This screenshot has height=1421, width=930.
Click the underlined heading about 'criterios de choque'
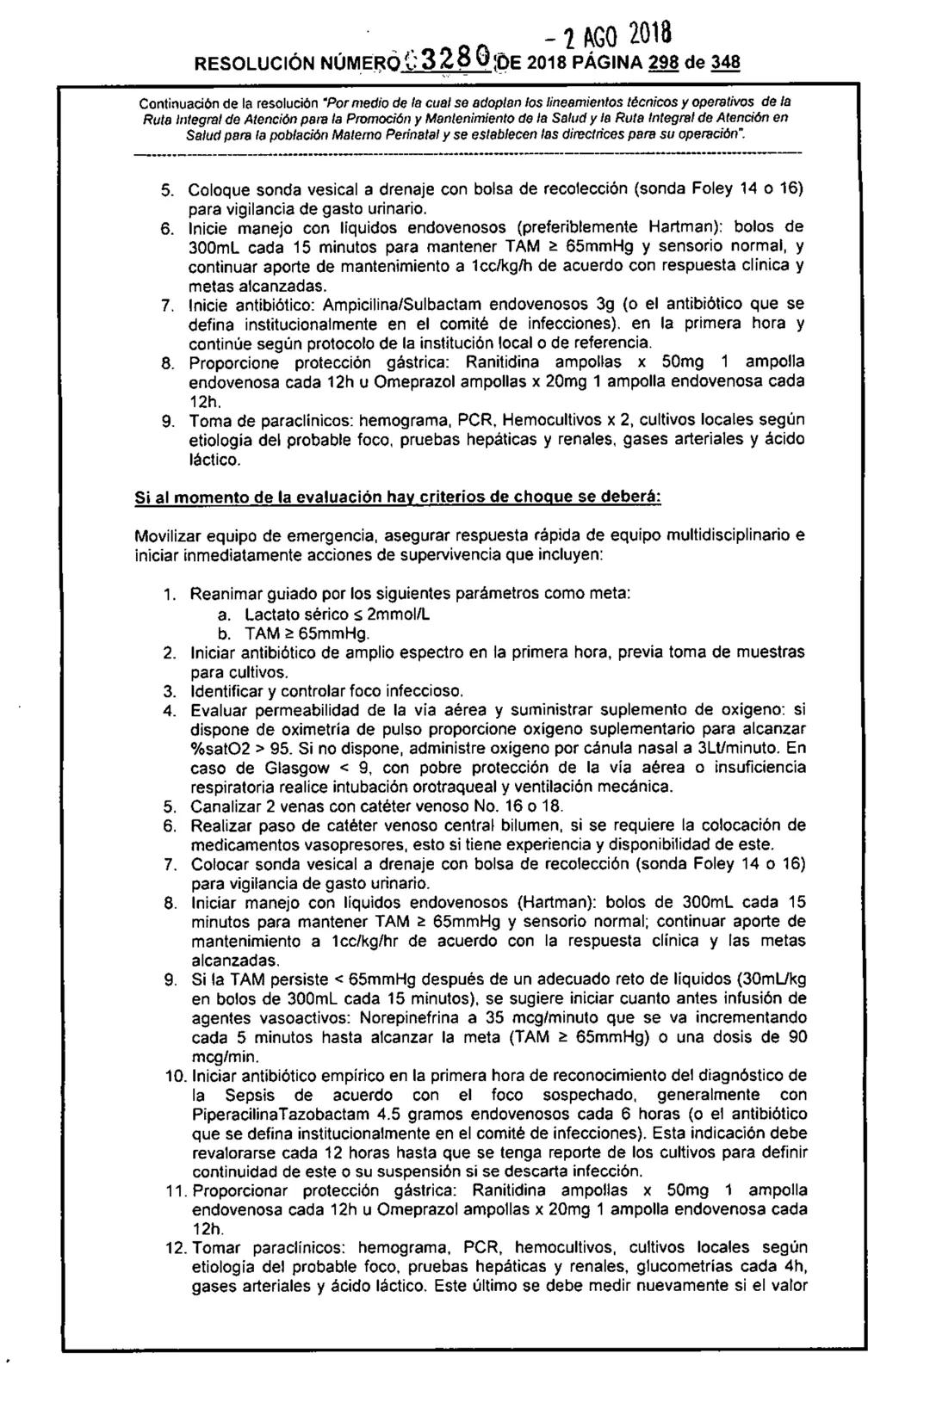[397, 498]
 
